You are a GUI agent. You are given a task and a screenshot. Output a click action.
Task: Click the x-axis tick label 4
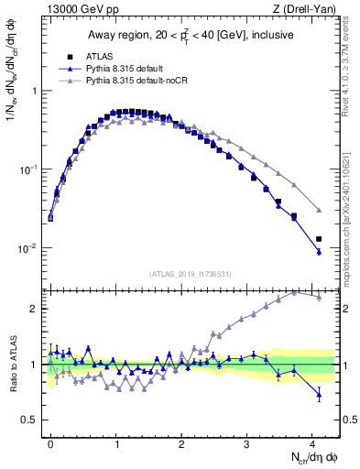point(312,442)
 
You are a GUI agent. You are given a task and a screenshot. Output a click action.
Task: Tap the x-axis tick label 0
point(50,442)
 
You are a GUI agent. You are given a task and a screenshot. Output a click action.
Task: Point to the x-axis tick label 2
point(181,442)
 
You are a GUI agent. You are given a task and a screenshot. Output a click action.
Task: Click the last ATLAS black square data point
point(319,239)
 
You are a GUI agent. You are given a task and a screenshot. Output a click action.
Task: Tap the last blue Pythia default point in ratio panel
point(319,395)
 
